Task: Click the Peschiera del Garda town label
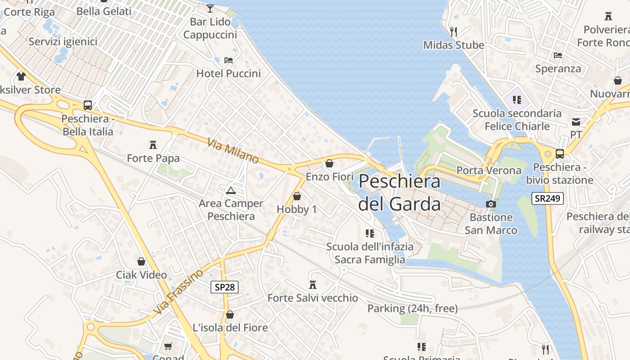(400, 193)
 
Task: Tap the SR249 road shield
(548, 198)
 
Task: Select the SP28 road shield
(225, 287)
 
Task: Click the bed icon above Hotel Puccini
(229, 60)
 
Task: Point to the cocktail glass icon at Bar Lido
(210, 8)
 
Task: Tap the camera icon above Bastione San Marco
(491, 204)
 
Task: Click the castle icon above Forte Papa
(153, 145)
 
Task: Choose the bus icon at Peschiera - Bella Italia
(88, 105)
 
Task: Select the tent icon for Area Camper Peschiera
(231, 190)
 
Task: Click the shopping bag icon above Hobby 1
(297, 196)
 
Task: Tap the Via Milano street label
(233, 151)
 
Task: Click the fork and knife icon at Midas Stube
(454, 31)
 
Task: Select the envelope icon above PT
(576, 121)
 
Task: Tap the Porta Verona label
(489, 171)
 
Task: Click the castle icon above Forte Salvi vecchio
(313, 284)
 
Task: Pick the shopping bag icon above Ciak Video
(141, 261)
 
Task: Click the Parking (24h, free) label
(413, 309)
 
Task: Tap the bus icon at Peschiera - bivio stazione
(560, 154)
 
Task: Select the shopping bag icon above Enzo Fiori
(329, 163)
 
